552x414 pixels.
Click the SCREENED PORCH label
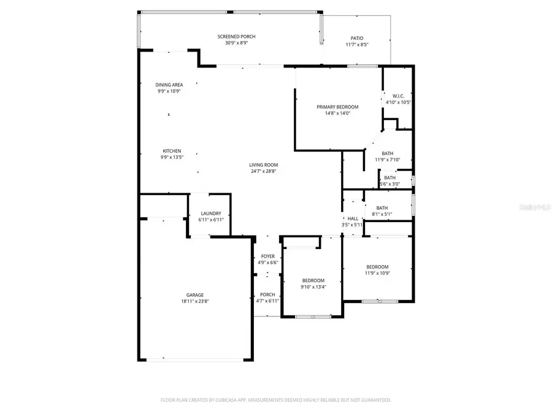point(236,37)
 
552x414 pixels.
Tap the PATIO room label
point(356,38)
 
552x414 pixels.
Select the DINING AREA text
point(169,85)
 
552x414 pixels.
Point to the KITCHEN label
point(171,151)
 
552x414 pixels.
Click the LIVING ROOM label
point(264,164)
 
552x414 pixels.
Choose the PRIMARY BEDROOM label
point(337,107)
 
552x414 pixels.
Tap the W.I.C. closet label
point(397,96)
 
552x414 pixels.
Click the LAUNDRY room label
point(210,213)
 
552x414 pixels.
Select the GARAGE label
point(195,294)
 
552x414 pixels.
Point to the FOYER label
point(268,256)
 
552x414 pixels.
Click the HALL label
point(353,218)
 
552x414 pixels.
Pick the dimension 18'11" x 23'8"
point(195,301)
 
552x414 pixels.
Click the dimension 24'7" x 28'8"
point(264,171)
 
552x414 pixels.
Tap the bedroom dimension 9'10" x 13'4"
point(313,287)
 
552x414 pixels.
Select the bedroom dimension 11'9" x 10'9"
point(377,273)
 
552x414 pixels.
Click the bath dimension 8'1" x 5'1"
point(382,214)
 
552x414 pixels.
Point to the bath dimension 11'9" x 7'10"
point(387,160)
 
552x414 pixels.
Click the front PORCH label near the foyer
point(267,294)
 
